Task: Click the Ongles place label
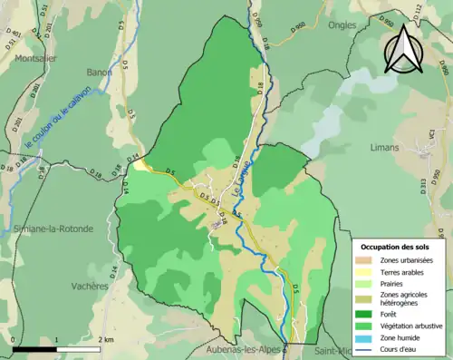(x=342, y=25)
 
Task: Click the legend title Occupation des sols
(x=397, y=247)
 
